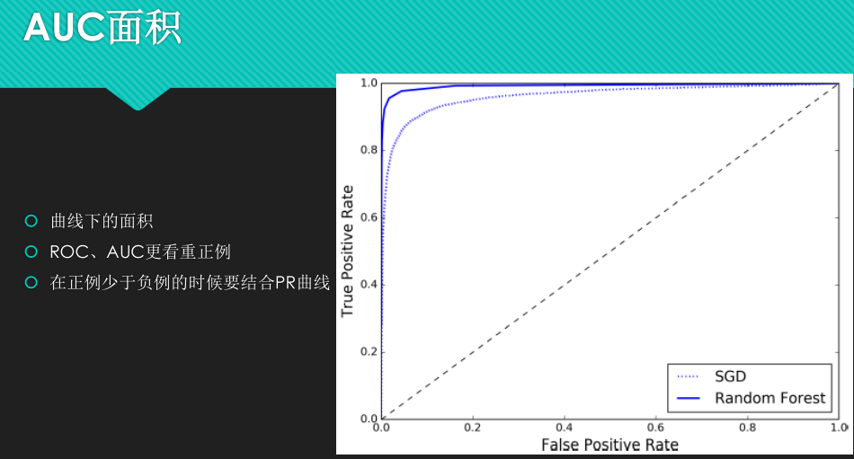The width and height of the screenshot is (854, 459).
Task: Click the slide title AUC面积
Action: [x=102, y=28]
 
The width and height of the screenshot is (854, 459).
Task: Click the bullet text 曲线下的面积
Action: [x=102, y=221]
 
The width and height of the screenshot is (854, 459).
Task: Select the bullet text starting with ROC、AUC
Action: [x=147, y=252]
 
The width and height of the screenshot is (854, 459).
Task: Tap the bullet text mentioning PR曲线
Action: [x=190, y=283]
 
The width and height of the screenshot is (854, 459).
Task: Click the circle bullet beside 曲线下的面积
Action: [x=31, y=221]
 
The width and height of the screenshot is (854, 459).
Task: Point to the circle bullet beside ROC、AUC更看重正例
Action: [x=31, y=252]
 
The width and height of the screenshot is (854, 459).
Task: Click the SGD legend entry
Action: [x=730, y=376]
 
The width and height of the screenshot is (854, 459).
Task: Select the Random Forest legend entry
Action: [x=769, y=398]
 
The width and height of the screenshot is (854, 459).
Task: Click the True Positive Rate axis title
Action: [x=348, y=251]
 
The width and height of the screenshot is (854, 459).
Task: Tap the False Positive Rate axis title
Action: [x=609, y=445]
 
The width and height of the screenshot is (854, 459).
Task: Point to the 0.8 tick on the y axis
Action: [x=368, y=150]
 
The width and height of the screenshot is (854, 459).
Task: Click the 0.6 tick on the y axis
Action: [x=368, y=217]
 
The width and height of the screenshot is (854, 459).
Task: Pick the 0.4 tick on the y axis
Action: [x=368, y=285]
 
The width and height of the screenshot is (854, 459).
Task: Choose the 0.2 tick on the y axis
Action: [x=368, y=352]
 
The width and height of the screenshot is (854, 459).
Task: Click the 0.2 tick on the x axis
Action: [x=473, y=428]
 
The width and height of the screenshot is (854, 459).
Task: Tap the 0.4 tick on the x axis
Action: [x=565, y=428]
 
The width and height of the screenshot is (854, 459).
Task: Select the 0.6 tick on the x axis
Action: [x=656, y=428]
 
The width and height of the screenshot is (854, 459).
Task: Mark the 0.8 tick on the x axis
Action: [x=748, y=428]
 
